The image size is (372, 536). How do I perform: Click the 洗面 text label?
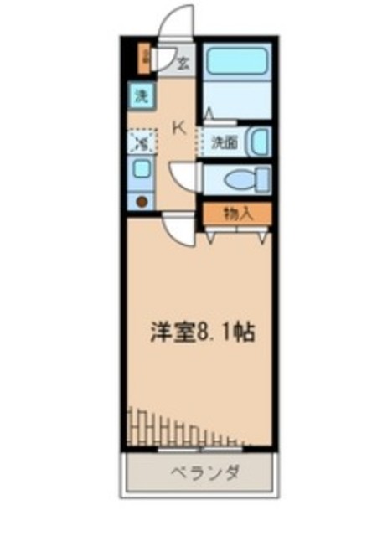click(224, 142)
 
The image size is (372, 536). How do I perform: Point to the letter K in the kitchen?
click(178, 127)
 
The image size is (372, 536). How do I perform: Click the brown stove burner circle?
click(141, 200)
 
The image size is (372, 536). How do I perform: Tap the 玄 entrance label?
click(183, 60)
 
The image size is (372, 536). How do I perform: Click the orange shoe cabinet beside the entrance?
click(146, 58)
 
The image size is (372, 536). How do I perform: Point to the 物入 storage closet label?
click(238, 213)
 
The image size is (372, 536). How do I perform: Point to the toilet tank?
click(264, 178)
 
